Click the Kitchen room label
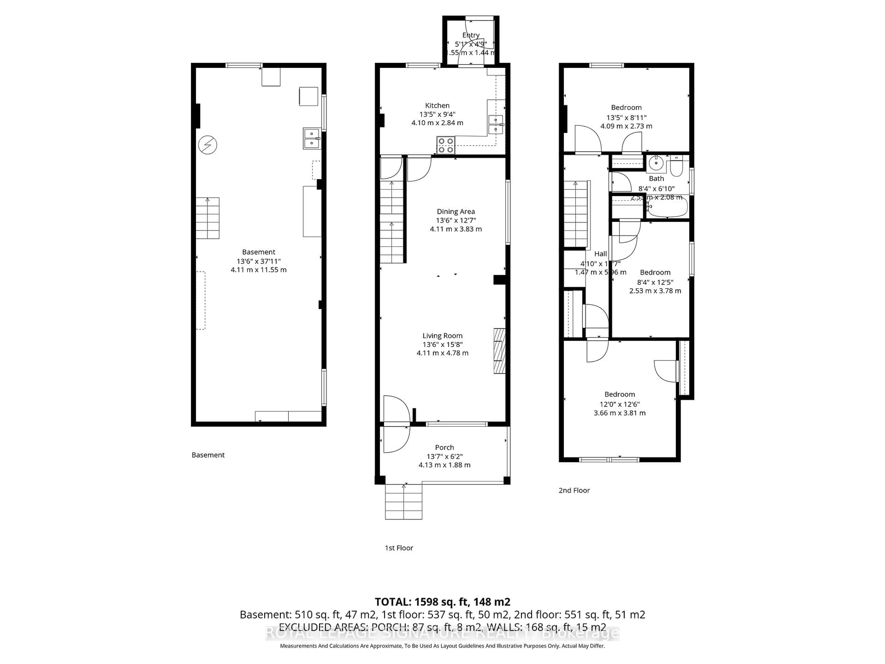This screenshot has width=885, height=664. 437,106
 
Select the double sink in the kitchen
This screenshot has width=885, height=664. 496,125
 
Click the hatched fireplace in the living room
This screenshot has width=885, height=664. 499,351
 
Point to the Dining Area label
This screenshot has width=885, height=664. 456,211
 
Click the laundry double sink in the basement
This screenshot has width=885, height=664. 312,139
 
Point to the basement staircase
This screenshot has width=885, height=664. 207,218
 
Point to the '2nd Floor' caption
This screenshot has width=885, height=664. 574,490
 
